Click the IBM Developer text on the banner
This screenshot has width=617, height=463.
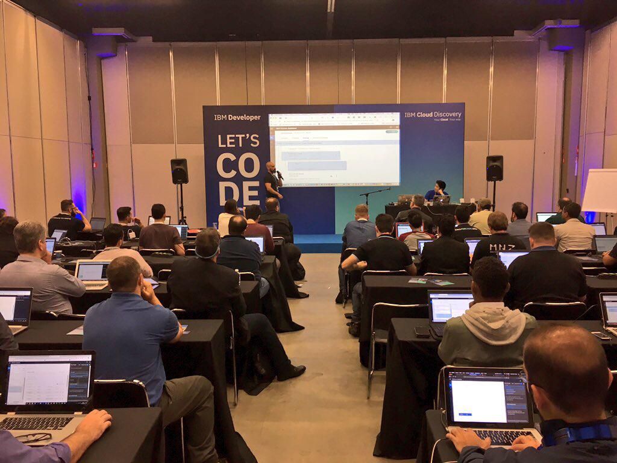(237, 118)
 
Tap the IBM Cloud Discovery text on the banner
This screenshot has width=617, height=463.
(433, 115)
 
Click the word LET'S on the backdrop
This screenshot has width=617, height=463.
(238, 141)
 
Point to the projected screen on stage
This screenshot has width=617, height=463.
(334, 150)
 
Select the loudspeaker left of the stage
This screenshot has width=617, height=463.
(179, 171)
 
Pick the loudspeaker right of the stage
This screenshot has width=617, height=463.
(494, 168)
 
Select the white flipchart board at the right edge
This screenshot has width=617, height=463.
(600, 191)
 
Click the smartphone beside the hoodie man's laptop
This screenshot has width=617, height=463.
(422, 331)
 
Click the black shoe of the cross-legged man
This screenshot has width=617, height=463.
(292, 373)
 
